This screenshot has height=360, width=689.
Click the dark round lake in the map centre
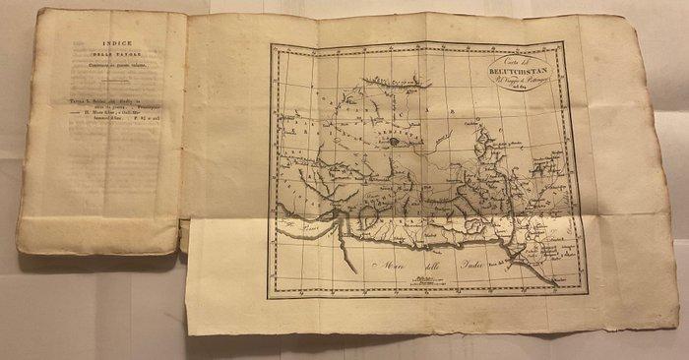(x=394, y=141)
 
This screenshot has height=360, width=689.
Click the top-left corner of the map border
(x=274, y=46)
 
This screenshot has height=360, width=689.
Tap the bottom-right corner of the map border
(x=585, y=292)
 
